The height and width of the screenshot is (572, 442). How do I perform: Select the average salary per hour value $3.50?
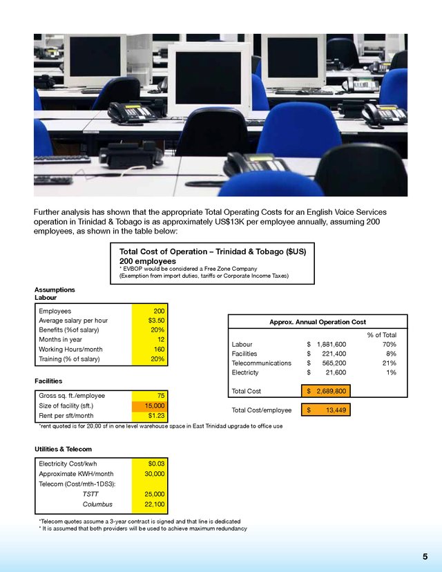point(155,321)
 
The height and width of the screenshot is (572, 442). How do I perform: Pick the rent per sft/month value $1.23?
point(155,416)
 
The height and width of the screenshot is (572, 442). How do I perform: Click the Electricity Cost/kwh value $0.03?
point(155,464)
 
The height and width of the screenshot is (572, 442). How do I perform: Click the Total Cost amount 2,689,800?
point(331,391)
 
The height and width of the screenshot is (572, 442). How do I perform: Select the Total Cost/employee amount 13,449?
point(336,410)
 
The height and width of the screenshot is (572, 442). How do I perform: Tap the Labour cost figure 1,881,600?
point(331,344)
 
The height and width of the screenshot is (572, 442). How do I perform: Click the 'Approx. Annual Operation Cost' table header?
point(317,322)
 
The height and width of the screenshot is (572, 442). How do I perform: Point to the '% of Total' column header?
point(381,335)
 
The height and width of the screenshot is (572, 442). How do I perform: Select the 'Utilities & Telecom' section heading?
point(63,449)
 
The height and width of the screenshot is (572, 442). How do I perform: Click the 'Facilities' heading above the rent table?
point(48,381)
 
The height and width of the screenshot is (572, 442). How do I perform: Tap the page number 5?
point(425,557)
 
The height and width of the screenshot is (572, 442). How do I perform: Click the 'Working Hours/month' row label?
point(70,350)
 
